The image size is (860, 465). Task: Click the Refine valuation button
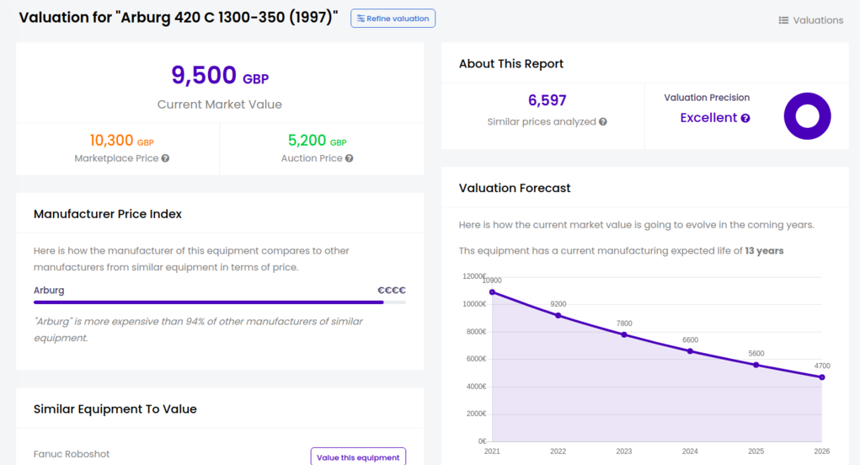pyautogui.click(x=393, y=19)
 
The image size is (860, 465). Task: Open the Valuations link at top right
pyautogui.click(x=810, y=20)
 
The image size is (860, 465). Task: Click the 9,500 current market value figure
pyautogui.click(x=205, y=76)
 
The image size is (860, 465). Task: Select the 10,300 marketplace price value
pyautogui.click(x=112, y=142)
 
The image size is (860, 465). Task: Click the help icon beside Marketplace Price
pyautogui.click(x=166, y=158)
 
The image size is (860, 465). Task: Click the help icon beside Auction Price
pyautogui.click(x=349, y=158)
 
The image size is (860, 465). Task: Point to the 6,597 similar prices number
pyautogui.click(x=547, y=101)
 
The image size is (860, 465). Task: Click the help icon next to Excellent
pyautogui.click(x=745, y=119)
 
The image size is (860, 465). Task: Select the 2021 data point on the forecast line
pyautogui.click(x=492, y=292)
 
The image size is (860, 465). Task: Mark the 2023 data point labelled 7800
pyautogui.click(x=624, y=334)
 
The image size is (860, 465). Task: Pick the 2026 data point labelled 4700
pyautogui.click(x=822, y=377)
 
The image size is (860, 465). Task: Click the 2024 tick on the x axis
pyautogui.click(x=690, y=452)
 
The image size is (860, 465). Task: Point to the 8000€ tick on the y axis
pyautogui.click(x=474, y=332)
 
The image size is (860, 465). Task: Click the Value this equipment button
pyautogui.click(x=358, y=457)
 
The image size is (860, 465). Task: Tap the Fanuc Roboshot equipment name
pyautogui.click(x=72, y=454)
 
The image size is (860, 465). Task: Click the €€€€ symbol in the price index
pyautogui.click(x=392, y=290)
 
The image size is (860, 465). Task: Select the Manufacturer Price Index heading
pyautogui.click(x=108, y=214)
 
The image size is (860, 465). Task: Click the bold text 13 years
pyautogui.click(x=765, y=251)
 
